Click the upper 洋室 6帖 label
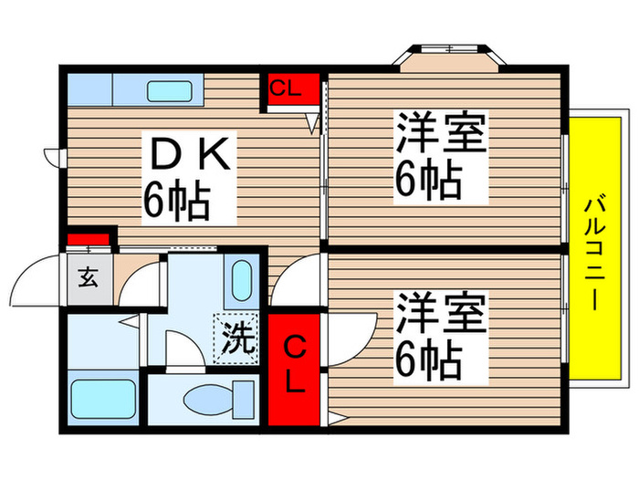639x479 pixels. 439,157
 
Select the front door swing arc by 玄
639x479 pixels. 37,278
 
